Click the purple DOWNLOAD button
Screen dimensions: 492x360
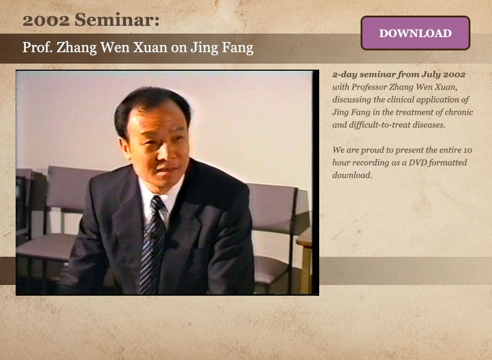click(x=415, y=33)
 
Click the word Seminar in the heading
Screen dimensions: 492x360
click(x=117, y=20)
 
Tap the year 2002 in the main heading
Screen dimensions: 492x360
click(x=46, y=20)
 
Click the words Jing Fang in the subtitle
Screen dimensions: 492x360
click(x=222, y=48)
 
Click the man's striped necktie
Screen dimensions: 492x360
click(x=152, y=245)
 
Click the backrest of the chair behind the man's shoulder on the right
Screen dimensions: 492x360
click(x=271, y=207)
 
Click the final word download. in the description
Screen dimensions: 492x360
click(x=352, y=175)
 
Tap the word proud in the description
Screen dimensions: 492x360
click(x=372, y=151)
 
